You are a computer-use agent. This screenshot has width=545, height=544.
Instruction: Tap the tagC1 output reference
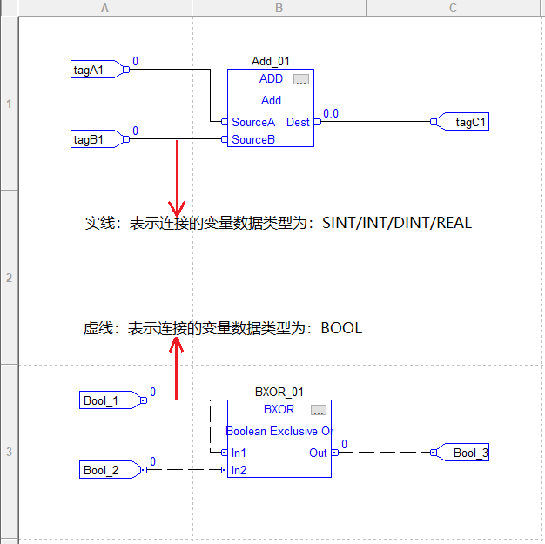coord(468,122)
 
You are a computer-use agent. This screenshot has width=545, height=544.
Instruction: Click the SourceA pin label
coord(252,123)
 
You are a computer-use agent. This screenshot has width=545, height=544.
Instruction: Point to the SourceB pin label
coord(252,139)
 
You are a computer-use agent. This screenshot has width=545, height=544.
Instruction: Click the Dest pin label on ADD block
coord(298,123)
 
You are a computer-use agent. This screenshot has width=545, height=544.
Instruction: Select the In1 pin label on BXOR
coord(239,453)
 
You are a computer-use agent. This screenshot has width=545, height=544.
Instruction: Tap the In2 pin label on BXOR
coord(239,470)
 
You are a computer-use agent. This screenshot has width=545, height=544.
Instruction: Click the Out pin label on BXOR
coord(318,453)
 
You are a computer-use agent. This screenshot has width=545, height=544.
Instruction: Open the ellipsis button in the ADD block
coord(301,79)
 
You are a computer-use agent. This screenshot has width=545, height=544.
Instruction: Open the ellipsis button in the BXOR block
coord(319,410)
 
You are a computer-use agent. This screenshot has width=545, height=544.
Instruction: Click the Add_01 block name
coord(270,62)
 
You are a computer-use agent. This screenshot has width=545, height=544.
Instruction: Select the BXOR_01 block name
coord(279,393)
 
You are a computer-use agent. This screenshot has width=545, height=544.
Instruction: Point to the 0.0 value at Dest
coord(331,113)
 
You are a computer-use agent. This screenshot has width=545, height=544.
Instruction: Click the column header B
coord(279,8)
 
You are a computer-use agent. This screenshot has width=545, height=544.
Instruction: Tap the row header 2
coord(9,278)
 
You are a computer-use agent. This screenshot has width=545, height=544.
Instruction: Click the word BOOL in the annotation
coord(341,328)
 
